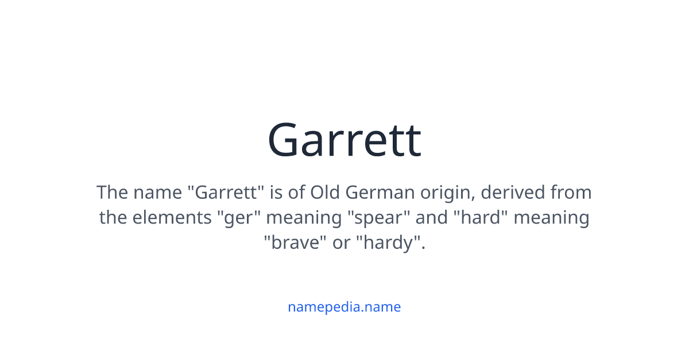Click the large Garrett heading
pyautogui.click(x=344, y=140)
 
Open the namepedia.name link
pyautogui.click(x=344, y=307)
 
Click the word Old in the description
pyautogui.click(x=326, y=192)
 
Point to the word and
pyautogui.click(x=431, y=218)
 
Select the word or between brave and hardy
pyautogui.click(x=341, y=243)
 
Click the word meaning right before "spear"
pyautogui.click(x=303, y=218)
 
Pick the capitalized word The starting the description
pyautogui.click(x=113, y=192)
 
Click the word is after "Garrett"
pyautogui.click(x=276, y=192)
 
